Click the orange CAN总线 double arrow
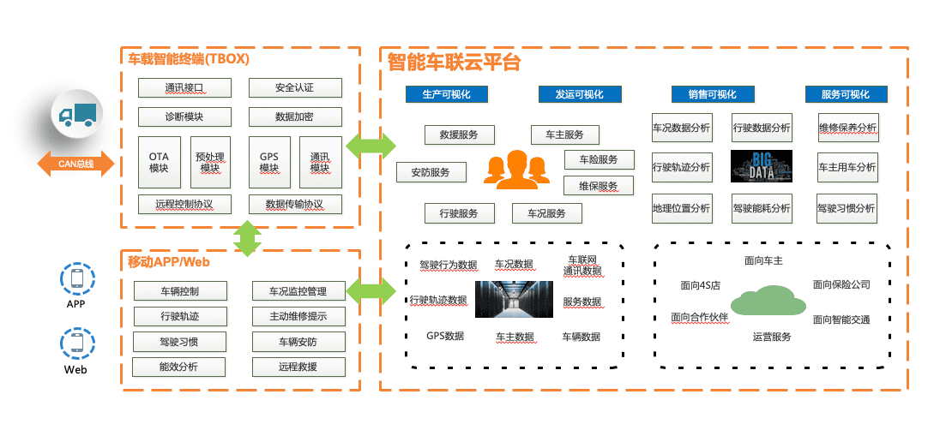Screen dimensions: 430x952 point(75,164)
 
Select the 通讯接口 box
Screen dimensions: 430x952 point(184,87)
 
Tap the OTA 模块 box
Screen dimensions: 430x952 point(159,163)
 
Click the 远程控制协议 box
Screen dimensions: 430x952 point(184,204)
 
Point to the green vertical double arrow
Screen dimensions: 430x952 point(247,238)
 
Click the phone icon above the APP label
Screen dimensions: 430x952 point(76,278)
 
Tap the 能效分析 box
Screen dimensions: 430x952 point(179,367)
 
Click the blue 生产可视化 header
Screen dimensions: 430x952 point(447,94)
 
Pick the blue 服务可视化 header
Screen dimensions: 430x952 point(845,94)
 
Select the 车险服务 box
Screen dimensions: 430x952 point(599,159)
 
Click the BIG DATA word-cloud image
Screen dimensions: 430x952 point(761,166)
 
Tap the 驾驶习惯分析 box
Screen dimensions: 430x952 point(847,207)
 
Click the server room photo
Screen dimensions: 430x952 point(514,299)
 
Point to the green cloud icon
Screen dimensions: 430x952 point(768,300)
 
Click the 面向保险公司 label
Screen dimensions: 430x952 point(841,284)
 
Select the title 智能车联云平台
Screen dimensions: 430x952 point(455,63)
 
